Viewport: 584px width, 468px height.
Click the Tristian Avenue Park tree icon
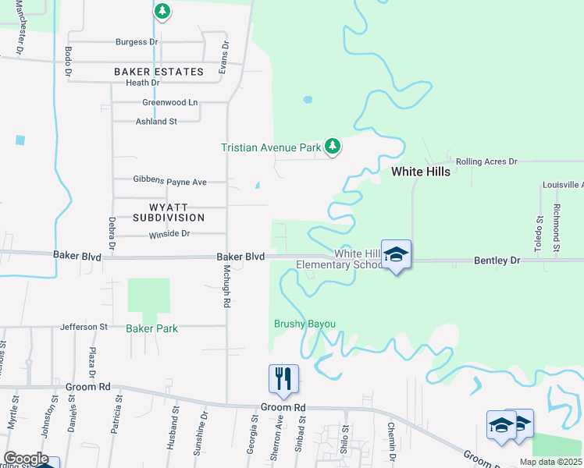tap(333, 147)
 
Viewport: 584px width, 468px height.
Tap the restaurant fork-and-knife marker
tap(283, 379)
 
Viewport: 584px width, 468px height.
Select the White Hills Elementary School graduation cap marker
tap(397, 255)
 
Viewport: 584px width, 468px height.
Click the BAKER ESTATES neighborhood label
tap(158, 72)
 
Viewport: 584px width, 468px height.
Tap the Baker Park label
tap(151, 328)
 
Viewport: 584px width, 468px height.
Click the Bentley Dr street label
tap(497, 260)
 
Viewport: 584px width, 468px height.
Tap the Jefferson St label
tap(84, 327)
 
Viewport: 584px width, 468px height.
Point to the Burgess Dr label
tap(137, 42)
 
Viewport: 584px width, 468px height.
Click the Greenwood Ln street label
tap(170, 102)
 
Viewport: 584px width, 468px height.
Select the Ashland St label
tap(157, 122)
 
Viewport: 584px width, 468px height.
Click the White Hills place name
tap(420, 172)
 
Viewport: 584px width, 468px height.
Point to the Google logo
tap(26, 459)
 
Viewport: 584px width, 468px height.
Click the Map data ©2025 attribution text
tap(550, 462)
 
